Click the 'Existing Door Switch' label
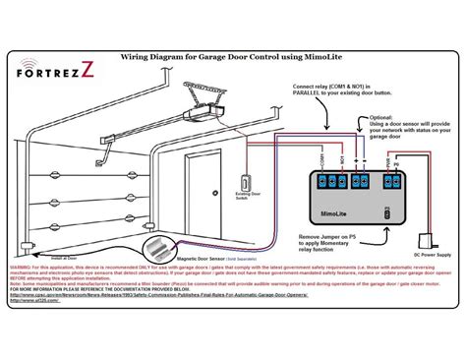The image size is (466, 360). [x=242, y=205]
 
